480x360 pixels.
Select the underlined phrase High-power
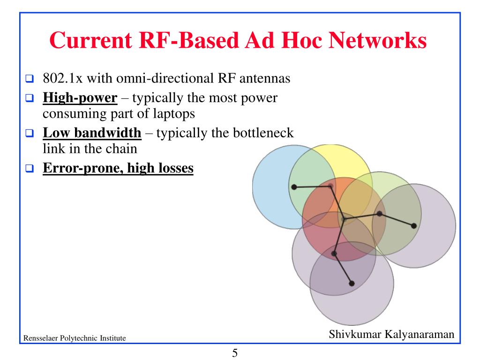coord(80,98)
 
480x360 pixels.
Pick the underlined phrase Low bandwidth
coord(92,133)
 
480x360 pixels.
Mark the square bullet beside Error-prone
coord(29,168)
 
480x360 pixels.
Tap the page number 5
coord(235,352)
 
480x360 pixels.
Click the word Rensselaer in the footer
coord(41,338)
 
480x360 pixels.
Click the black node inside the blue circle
coord(294,187)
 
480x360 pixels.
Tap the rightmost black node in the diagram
coord(413,225)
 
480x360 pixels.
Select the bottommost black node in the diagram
coord(352,283)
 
